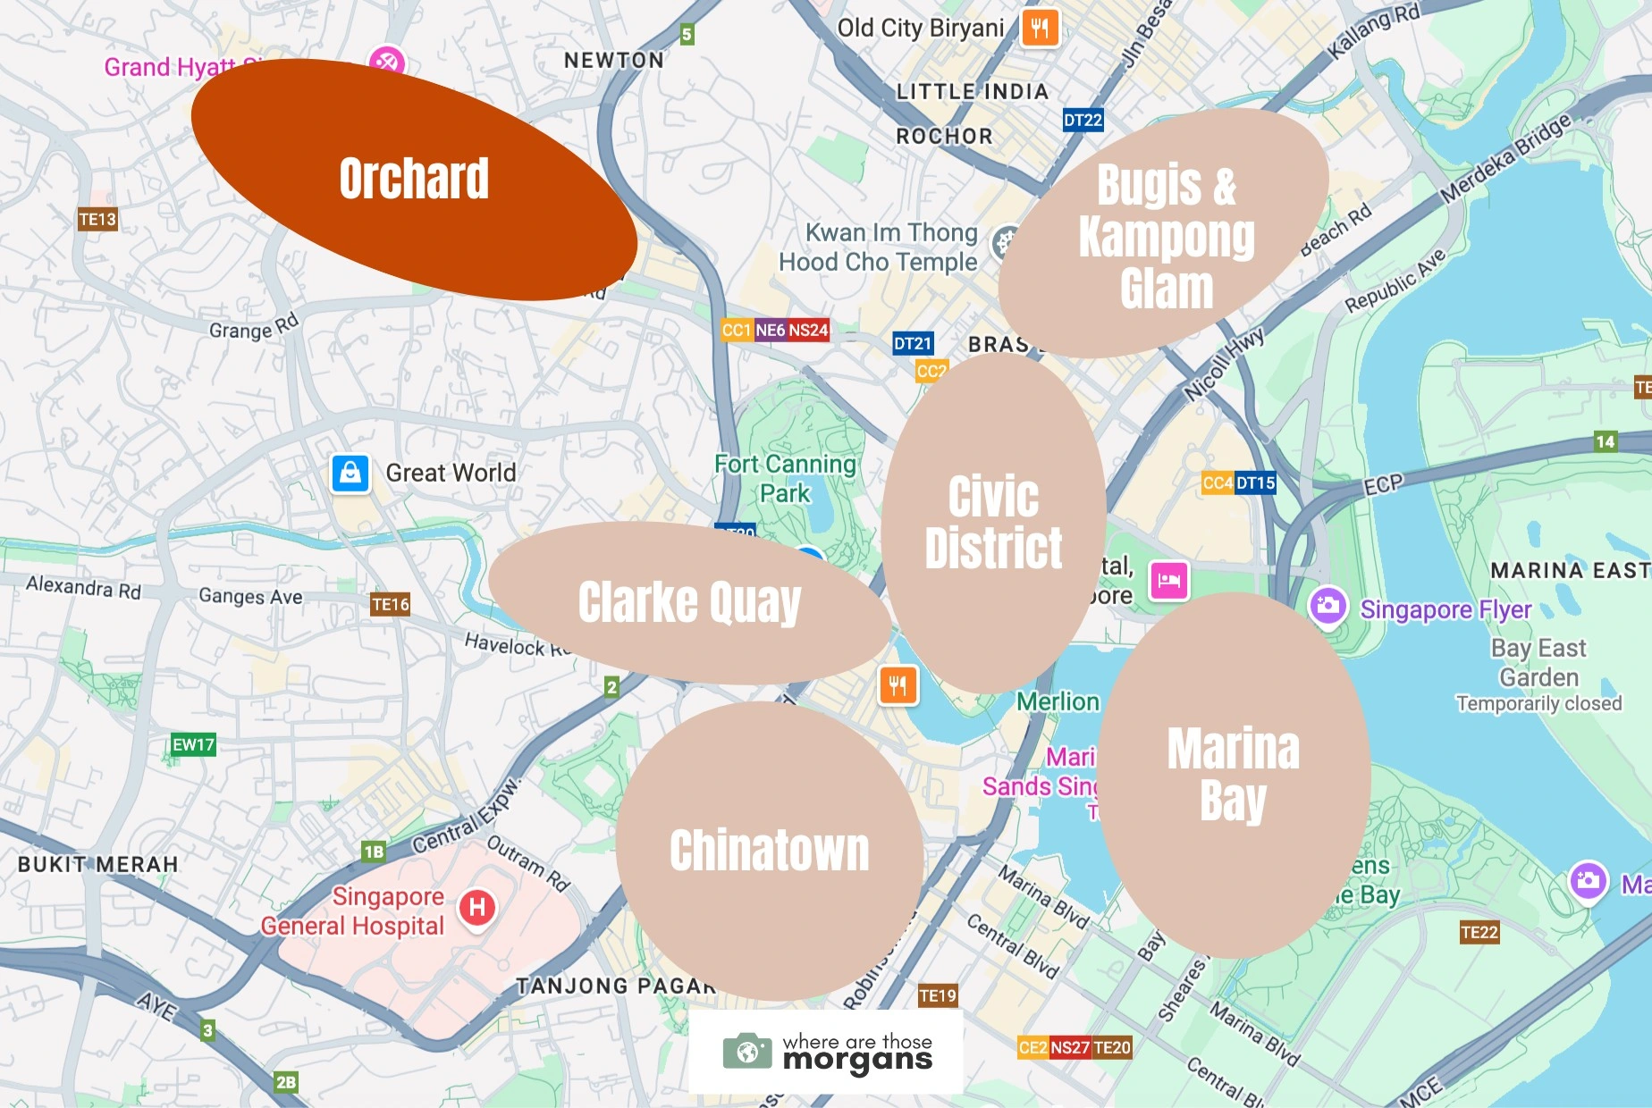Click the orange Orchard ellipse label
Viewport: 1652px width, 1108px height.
(414, 179)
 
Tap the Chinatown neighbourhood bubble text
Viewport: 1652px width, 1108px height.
(769, 850)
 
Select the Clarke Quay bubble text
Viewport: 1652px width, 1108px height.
(689, 602)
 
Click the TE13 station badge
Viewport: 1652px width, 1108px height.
(97, 219)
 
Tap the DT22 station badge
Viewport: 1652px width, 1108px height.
(1083, 120)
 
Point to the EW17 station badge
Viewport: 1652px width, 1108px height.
(193, 744)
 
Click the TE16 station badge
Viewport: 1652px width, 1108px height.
(391, 605)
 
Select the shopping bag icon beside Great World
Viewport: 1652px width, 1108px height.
(350, 473)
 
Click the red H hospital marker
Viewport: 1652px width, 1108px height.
(477, 908)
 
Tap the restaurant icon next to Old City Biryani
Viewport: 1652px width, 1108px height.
(1039, 28)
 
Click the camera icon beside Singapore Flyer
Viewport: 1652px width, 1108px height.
(1328, 607)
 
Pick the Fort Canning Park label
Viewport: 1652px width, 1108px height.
(785, 478)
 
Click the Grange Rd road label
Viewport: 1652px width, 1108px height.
(253, 327)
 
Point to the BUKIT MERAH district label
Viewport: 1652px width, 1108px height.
(98, 864)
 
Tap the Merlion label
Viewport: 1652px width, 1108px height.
(1058, 701)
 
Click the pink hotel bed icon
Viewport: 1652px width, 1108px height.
(1169, 581)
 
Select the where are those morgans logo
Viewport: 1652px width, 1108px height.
(826, 1052)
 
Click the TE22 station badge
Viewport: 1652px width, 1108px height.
(1479, 933)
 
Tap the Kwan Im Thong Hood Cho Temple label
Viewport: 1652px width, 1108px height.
(880, 248)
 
